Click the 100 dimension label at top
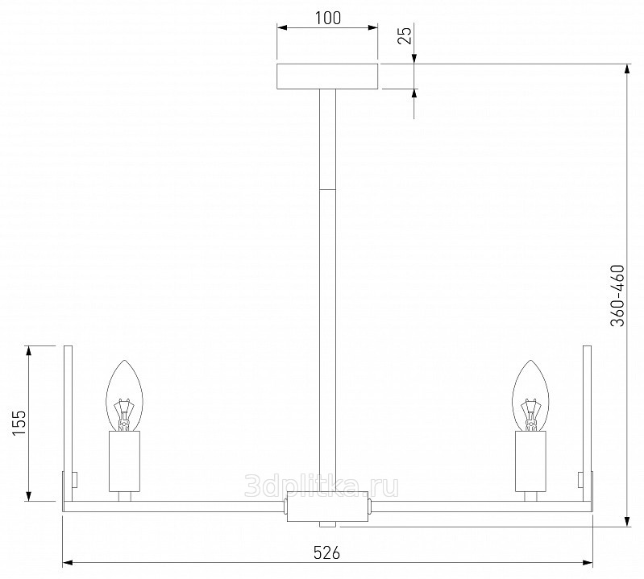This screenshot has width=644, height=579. coord(328,18)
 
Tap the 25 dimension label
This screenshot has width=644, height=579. coord(405,35)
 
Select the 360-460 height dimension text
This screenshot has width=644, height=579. coord(617,296)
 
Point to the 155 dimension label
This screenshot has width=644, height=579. coord(19,423)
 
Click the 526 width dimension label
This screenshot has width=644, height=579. coord(327,552)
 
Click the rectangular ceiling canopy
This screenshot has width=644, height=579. coord(327,76)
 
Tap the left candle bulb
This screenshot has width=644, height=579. coord(124,395)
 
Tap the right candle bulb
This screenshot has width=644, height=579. coord(530,395)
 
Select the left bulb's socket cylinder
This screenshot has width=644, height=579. coord(124,461)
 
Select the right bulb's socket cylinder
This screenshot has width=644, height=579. coord(530,461)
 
